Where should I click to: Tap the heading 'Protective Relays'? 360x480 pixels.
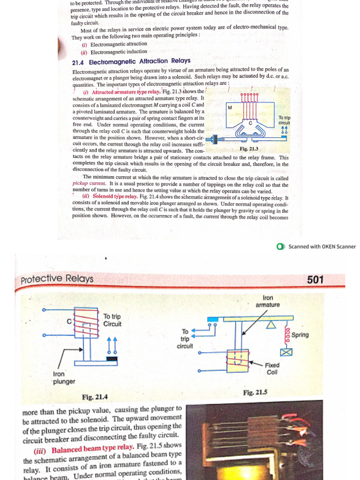(x=57, y=279)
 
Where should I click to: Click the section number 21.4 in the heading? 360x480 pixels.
(x=78, y=61)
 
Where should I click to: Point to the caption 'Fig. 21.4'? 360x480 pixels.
(x=95, y=397)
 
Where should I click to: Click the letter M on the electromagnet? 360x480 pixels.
(x=230, y=108)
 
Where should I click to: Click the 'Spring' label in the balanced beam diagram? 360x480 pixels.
(x=300, y=335)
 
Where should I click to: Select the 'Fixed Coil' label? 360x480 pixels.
(x=272, y=368)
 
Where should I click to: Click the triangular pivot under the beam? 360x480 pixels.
(x=271, y=326)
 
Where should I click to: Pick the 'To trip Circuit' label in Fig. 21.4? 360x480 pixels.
(x=112, y=320)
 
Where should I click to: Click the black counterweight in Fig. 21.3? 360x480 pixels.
(x=216, y=140)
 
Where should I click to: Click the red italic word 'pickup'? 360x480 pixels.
(x=81, y=184)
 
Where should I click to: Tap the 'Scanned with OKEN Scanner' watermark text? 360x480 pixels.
(x=322, y=247)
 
